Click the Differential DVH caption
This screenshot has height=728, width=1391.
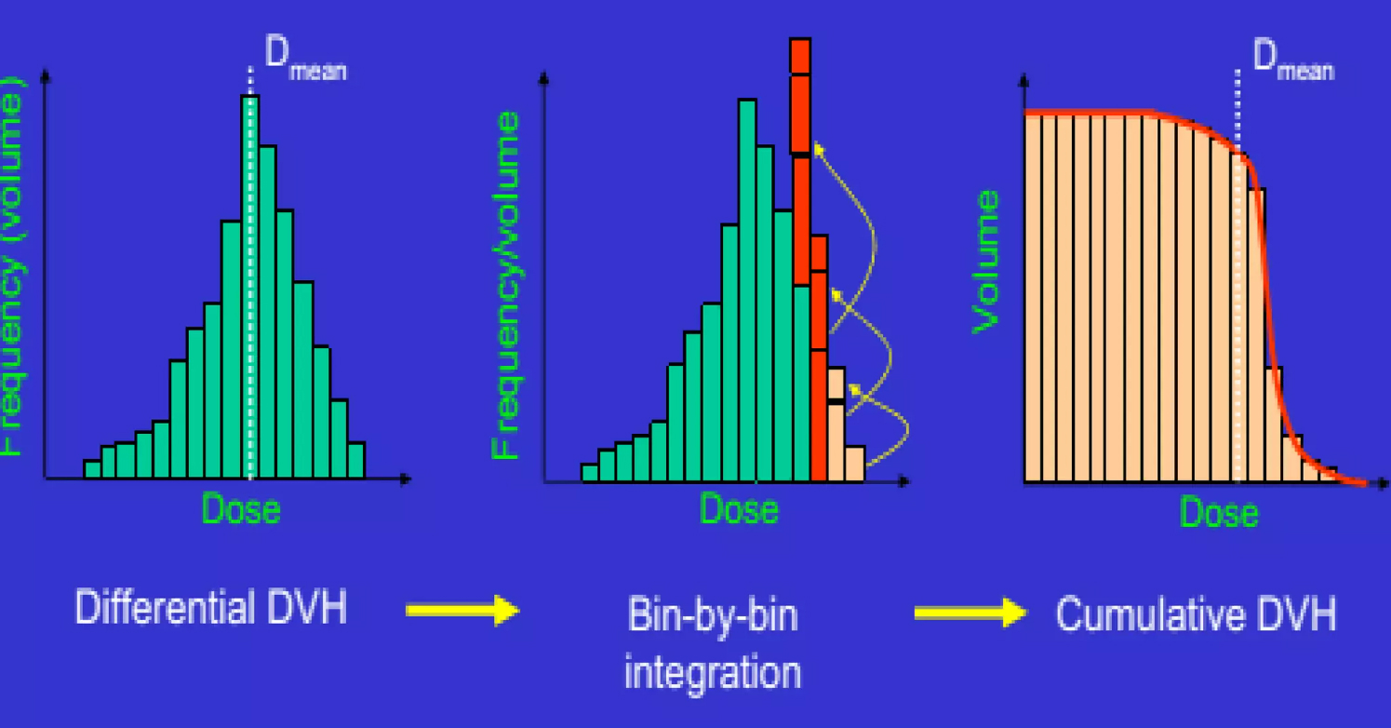pyautogui.click(x=210, y=610)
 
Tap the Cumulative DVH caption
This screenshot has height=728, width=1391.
pyautogui.click(x=1196, y=613)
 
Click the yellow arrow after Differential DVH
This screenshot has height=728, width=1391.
pyautogui.click(x=462, y=611)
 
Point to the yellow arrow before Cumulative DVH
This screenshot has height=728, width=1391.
pyautogui.click(x=970, y=613)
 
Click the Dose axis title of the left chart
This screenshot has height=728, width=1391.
pyautogui.click(x=241, y=509)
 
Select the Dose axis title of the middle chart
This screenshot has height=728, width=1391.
pyautogui.click(x=739, y=509)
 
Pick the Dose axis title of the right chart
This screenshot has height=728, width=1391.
pyautogui.click(x=1219, y=512)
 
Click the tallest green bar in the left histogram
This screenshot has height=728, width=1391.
pyautogui.click(x=249, y=289)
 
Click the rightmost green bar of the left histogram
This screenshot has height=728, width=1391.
pyautogui.click(x=356, y=460)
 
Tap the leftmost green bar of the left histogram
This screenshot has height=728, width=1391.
pyautogui.click(x=91, y=469)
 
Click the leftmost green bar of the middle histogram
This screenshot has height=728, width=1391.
pyautogui.click(x=589, y=472)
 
